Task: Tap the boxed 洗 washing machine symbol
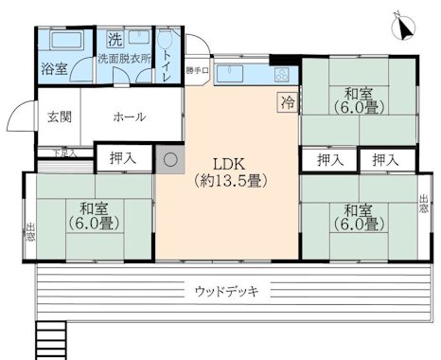[114, 41]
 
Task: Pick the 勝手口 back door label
[196, 70]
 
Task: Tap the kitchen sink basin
[234, 73]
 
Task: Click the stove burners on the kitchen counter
[281, 73]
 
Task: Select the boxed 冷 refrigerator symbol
[285, 99]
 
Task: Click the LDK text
[228, 161]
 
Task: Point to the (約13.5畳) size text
[228, 179]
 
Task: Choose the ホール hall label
[129, 117]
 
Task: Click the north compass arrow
[404, 28]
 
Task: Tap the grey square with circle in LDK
[170, 160]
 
